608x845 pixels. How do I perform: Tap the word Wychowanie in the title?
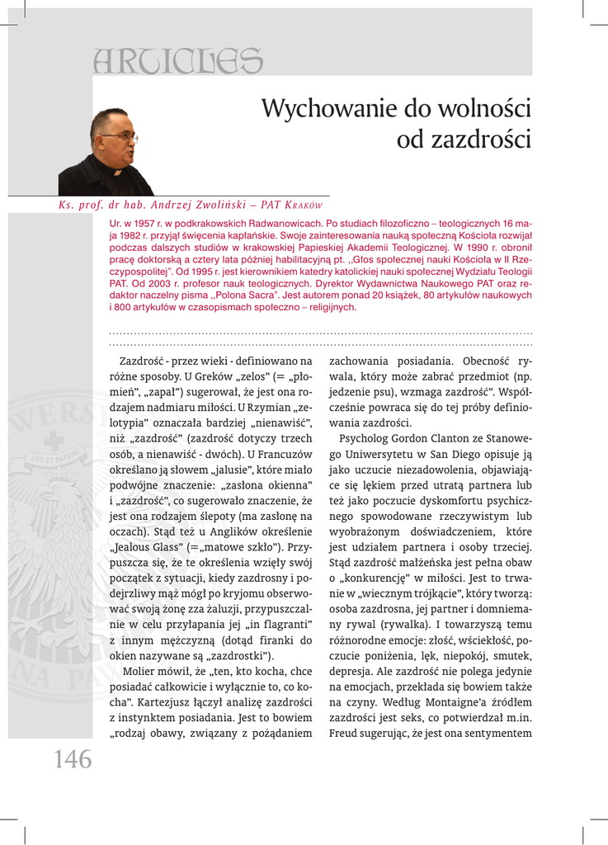(328, 108)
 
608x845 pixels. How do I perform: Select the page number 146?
(73, 759)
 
